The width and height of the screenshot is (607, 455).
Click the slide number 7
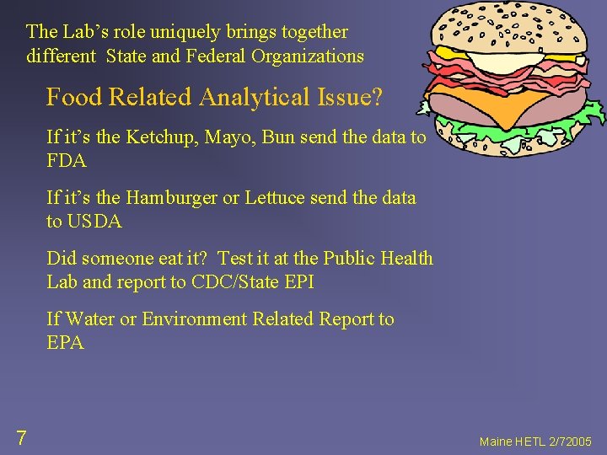point(21,437)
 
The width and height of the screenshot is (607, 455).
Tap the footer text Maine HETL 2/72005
point(535,442)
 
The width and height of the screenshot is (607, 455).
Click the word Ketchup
point(160,137)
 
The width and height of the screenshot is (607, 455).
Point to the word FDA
point(67,160)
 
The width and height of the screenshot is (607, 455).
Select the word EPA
point(65,342)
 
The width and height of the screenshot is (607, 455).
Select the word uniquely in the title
point(172,32)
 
